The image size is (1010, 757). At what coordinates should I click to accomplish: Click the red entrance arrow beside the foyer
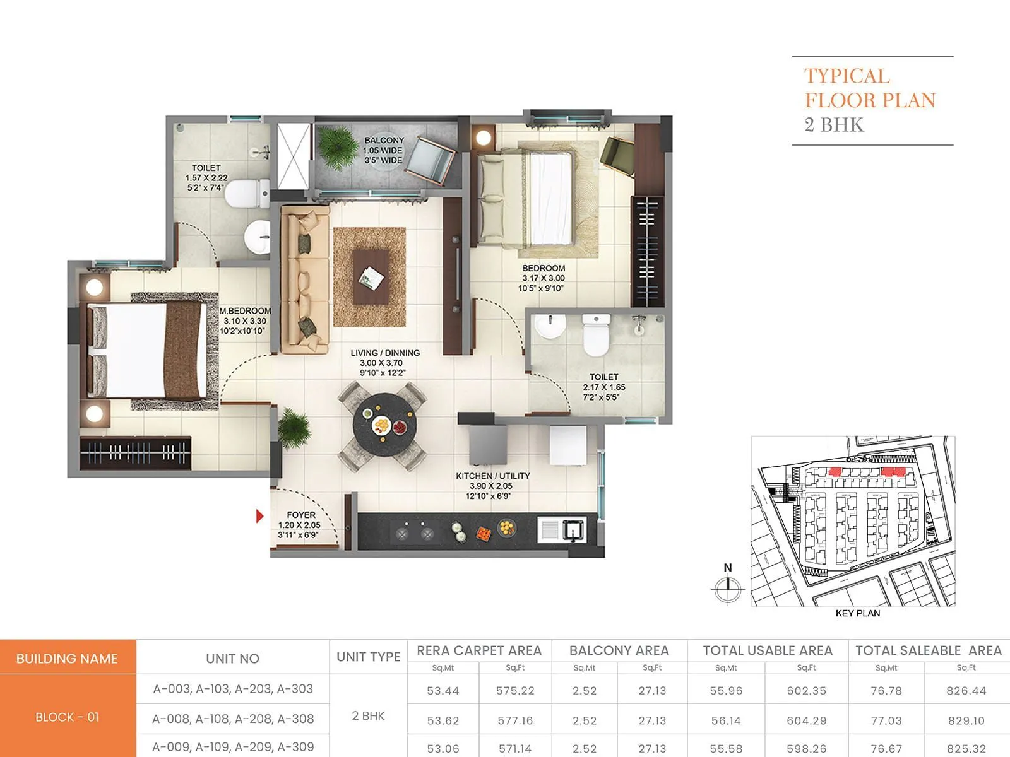[259, 516]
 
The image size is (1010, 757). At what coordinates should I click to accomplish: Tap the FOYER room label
[300, 515]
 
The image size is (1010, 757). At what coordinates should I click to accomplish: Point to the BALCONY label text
[384, 141]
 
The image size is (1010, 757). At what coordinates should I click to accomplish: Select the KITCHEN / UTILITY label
[493, 476]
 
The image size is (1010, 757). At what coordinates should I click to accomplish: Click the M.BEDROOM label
[245, 311]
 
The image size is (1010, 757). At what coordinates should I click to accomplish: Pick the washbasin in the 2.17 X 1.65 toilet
[550, 327]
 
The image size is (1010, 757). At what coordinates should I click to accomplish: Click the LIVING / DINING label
[384, 353]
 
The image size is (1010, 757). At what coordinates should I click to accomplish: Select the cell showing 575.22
[515, 691]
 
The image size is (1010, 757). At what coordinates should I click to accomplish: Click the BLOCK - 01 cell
[67, 717]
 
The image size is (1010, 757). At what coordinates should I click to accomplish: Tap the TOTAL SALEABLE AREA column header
[928, 650]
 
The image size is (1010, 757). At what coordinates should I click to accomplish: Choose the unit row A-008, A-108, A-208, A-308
[233, 719]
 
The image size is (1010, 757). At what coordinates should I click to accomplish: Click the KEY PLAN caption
[857, 613]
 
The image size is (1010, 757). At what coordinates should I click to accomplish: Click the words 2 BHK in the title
[834, 125]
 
